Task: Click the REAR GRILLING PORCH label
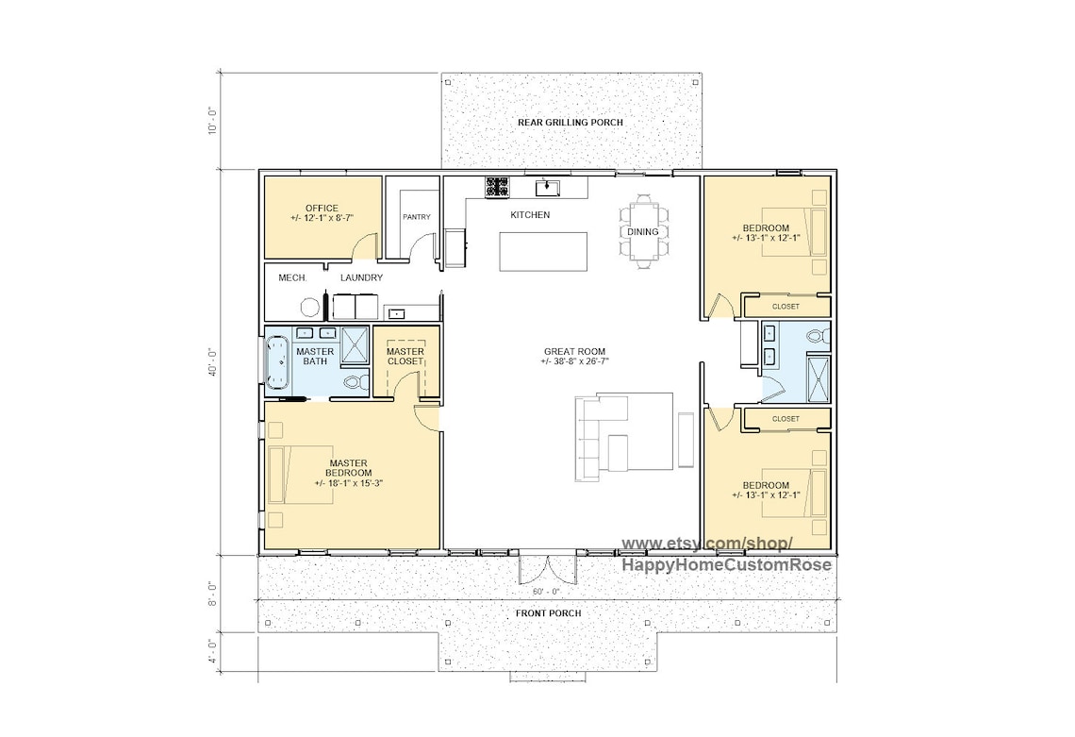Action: coord(570,123)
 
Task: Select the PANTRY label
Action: coord(416,217)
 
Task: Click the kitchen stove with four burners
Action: coord(497,187)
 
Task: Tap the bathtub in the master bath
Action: coord(276,361)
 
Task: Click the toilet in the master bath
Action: coord(354,383)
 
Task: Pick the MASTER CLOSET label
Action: coord(405,357)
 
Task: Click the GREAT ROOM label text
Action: coord(573,356)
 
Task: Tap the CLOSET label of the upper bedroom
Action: coord(785,307)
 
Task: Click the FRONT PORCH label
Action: coord(548,613)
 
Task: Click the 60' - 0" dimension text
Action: coord(546,592)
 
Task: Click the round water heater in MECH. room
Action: coord(309,307)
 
